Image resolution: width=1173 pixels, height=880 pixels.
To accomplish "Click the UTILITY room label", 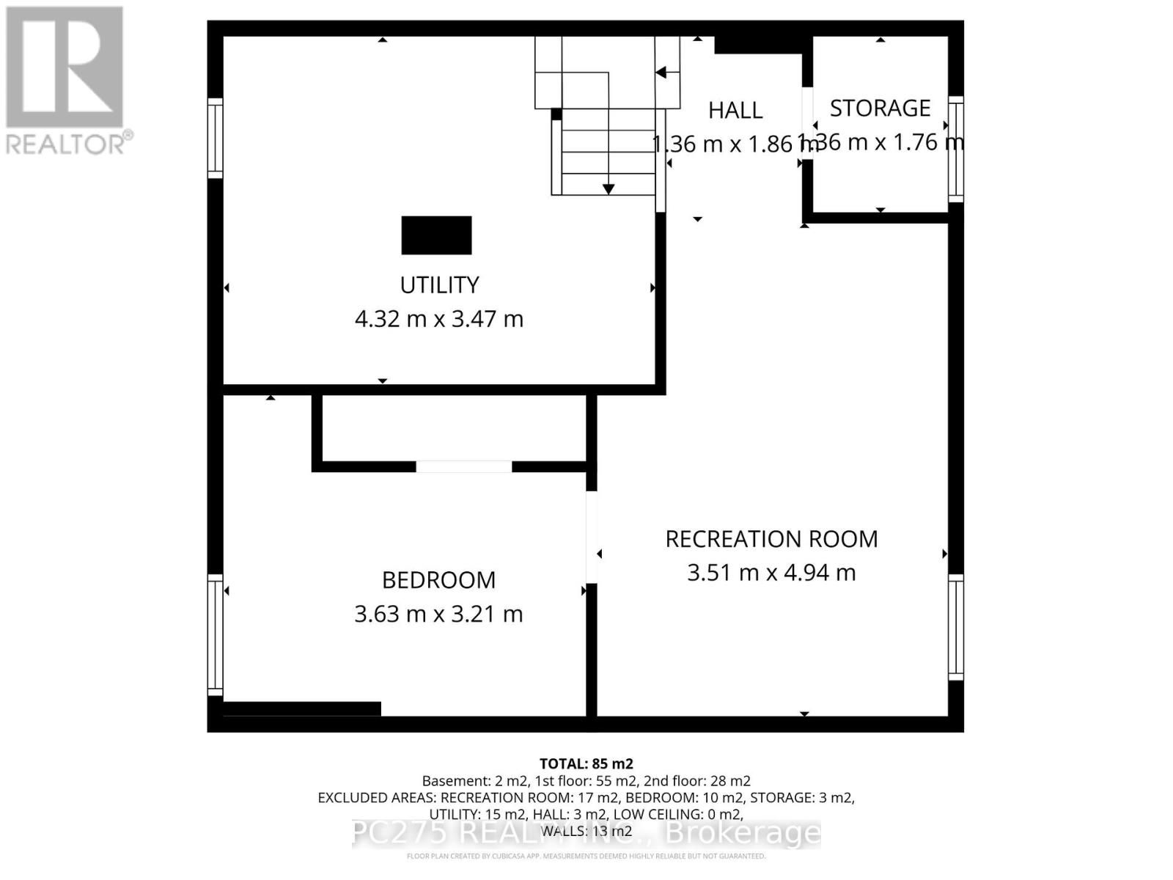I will pyautogui.click(x=438, y=285).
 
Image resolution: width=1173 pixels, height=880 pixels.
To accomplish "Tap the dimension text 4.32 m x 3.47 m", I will pyautogui.click(x=438, y=319).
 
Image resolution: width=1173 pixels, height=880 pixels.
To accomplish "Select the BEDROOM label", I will pyautogui.click(x=438, y=580).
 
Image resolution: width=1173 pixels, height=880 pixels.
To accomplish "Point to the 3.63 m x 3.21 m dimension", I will pyautogui.click(x=438, y=614).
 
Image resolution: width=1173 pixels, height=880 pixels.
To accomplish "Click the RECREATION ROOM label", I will pyautogui.click(x=771, y=539).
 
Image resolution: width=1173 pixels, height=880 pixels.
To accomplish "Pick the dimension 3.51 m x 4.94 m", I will pyautogui.click(x=771, y=573).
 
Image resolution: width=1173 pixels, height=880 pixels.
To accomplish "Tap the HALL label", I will pyautogui.click(x=735, y=111).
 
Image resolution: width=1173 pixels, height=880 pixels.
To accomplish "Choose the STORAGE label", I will pyautogui.click(x=880, y=109).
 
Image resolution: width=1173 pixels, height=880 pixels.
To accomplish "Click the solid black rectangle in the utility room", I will pyautogui.click(x=436, y=235).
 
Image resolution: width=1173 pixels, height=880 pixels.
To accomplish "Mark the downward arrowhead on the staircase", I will pyautogui.click(x=608, y=189).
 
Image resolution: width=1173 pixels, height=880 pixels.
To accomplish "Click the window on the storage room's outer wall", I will pyautogui.click(x=956, y=149).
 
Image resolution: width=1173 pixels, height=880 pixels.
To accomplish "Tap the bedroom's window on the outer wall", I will pyautogui.click(x=215, y=635).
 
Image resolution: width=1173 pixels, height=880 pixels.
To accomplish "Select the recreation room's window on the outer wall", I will pyautogui.click(x=956, y=628).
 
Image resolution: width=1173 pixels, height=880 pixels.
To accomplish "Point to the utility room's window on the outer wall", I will pyautogui.click(x=215, y=138).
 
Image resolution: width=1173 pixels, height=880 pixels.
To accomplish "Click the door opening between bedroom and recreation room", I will pyautogui.click(x=591, y=537).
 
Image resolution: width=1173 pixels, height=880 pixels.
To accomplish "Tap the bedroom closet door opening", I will pyautogui.click(x=463, y=467).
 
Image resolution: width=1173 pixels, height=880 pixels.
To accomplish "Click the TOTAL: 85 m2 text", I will pyautogui.click(x=586, y=763).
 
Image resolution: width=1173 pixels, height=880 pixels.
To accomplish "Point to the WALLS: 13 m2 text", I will pyautogui.click(x=586, y=831).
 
